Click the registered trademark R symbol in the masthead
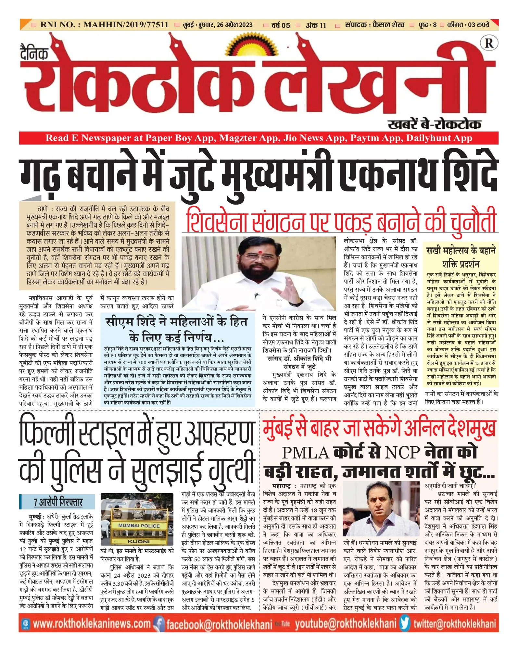point(488,44)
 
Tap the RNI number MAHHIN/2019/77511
point(126,25)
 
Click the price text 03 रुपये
point(478,25)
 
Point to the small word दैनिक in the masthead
point(34,54)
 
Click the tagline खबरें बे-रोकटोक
point(434,124)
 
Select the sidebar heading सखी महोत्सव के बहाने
point(461,251)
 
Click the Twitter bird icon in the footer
point(405,624)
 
